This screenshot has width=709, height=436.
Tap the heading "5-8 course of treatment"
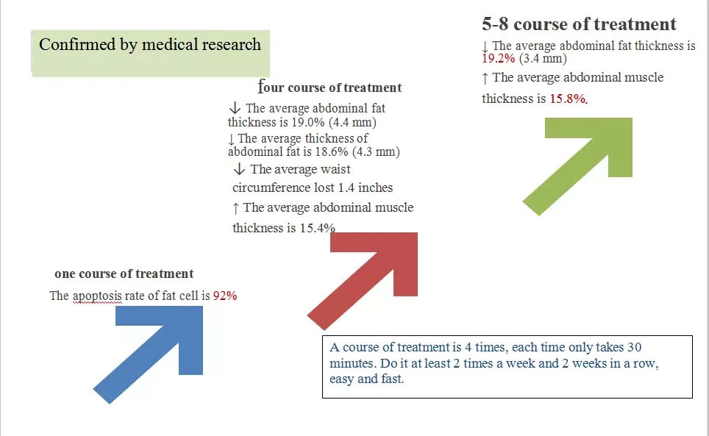pyautogui.click(x=579, y=24)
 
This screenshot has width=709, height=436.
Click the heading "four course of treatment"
pyautogui.click(x=331, y=87)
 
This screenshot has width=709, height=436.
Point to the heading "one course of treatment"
pyautogui.click(x=124, y=274)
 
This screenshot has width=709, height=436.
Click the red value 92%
pyautogui.click(x=225, y=296)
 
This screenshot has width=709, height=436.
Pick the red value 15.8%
pyautogui.click(x=568, y=99)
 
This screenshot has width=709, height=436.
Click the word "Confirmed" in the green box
pyautogui.click(x=76, y=45)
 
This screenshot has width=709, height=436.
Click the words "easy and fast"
pyautogui.click(x=368, y=380)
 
